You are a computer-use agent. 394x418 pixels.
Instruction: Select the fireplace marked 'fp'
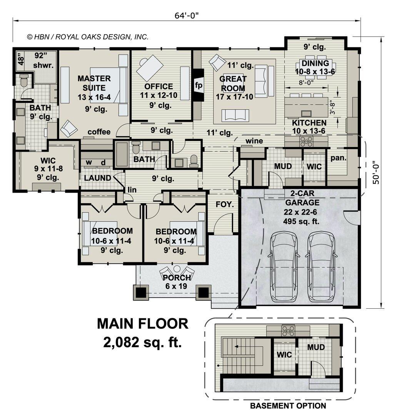click(199, 85)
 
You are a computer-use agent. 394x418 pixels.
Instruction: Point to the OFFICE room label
click(159, 86)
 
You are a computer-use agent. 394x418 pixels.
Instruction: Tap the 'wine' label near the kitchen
click(254, 141)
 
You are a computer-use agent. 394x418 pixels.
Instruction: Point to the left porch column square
click(141, 293)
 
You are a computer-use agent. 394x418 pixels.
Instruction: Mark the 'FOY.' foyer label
click(225, 205)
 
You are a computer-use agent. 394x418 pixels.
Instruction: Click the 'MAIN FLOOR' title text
click(142, 324)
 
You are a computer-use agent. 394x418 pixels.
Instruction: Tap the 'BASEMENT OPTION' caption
click(288, 406)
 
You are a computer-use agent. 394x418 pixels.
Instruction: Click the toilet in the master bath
click(24, 80)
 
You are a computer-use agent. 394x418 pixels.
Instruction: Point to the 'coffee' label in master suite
click(99, 132)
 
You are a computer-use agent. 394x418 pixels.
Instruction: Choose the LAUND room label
click(98, 178)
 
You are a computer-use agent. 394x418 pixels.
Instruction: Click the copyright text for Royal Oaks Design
click(87, 37)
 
